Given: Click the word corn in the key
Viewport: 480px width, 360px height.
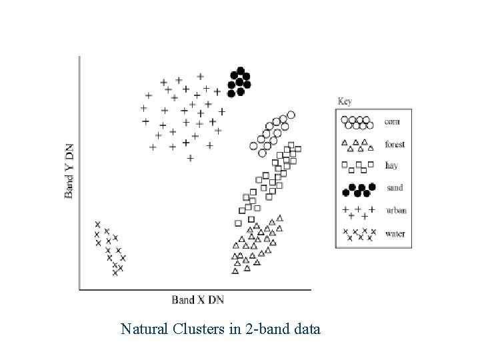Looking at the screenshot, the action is [392, 123].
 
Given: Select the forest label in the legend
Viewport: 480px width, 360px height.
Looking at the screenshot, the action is [395, 145].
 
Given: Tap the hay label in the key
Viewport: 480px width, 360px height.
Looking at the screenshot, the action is [392, 167].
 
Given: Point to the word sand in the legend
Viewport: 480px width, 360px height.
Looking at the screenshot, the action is [394, 189].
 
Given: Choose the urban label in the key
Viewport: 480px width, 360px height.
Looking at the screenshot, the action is [396, 211].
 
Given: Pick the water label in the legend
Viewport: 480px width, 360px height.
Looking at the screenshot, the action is [395, 233].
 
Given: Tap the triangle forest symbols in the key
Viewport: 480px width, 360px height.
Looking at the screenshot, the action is [355, 145].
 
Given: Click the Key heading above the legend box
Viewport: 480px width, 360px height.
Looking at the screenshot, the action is [345, 102].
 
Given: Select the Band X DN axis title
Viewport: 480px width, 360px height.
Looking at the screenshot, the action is [197, 300].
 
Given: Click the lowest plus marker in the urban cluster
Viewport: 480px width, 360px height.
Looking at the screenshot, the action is [190, 158].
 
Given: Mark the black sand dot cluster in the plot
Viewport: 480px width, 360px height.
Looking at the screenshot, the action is [239, 81].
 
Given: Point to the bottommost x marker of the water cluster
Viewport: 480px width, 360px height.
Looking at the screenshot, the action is [115, 273].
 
